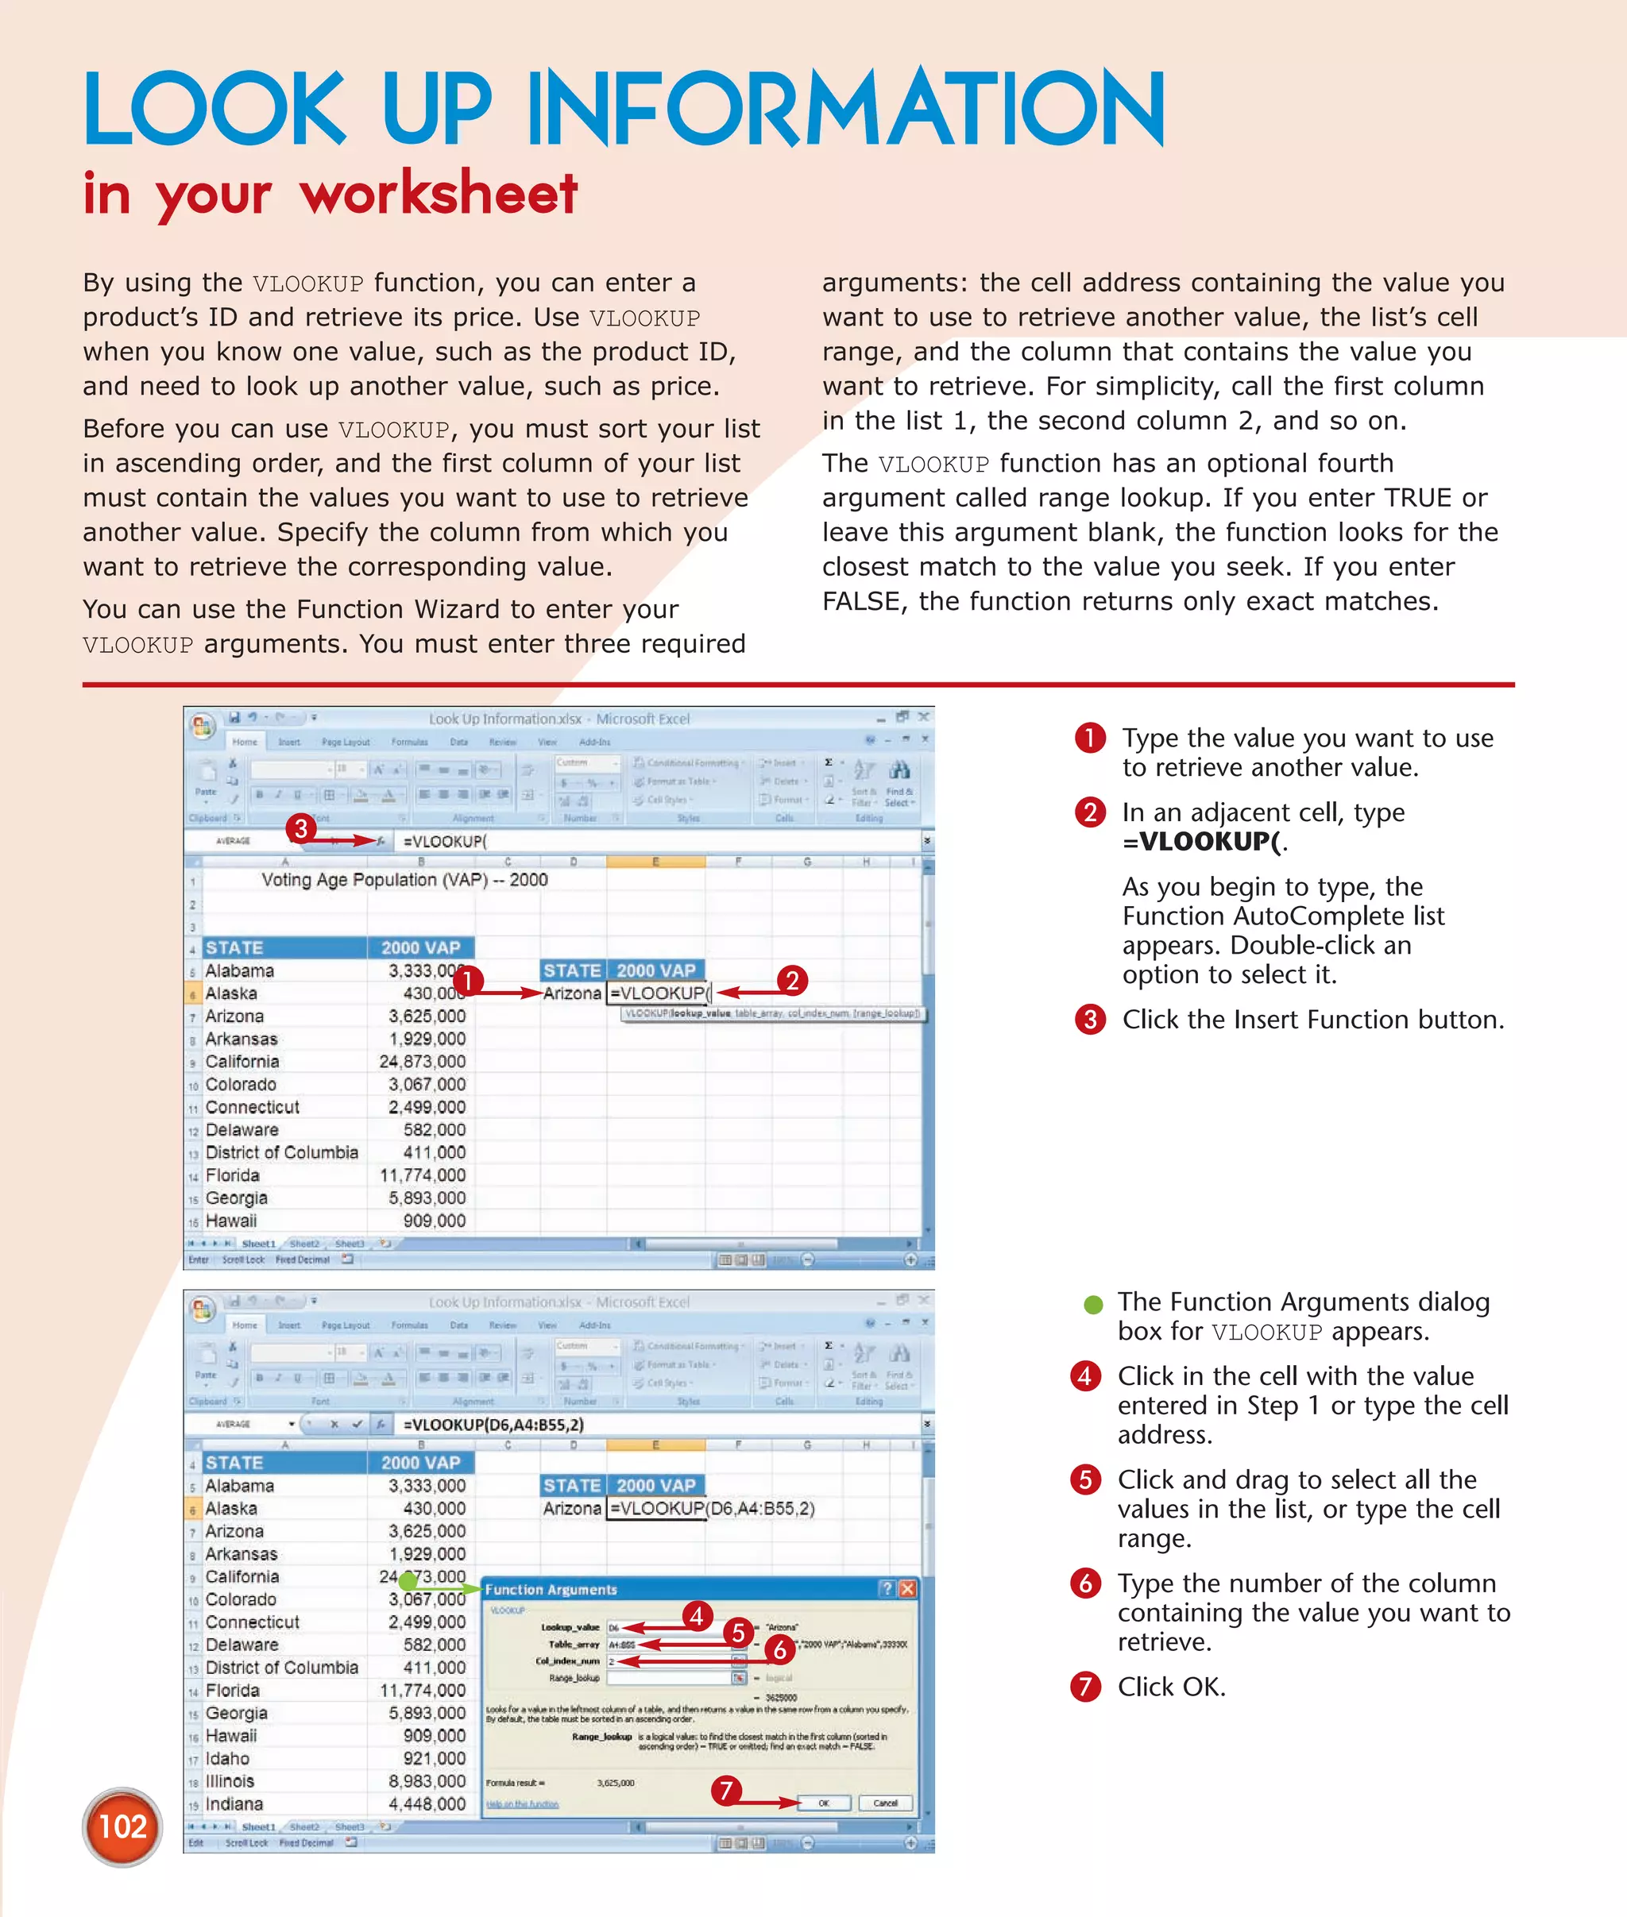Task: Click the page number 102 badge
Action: (x=122, y=1826)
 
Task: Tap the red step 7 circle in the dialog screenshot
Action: (x=726, y=1791)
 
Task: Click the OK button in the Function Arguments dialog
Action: (x=824, y=1803)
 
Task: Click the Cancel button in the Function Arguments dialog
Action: (x=884, y=1803)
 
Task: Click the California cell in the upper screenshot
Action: (x=242, y=1061)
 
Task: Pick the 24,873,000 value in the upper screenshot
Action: (x=423, y=1061)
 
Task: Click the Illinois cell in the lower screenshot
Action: (x=230, y=1780)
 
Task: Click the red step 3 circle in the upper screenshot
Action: (x=300, y=828)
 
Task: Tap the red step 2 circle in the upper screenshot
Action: (x=792, y=980)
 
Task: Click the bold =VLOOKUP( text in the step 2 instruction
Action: (x=1200, y=841)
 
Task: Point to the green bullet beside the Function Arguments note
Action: (x=1093, y=1304)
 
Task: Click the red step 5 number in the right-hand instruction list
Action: (x=1085, y=1480)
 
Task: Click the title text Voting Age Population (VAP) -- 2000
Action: (x=404, y=880)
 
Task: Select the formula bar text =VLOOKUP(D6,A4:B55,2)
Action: (x=493, y=1425)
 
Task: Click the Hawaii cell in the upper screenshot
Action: (x=230, y=1221)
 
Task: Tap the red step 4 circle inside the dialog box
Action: (x=697, y=1615)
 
